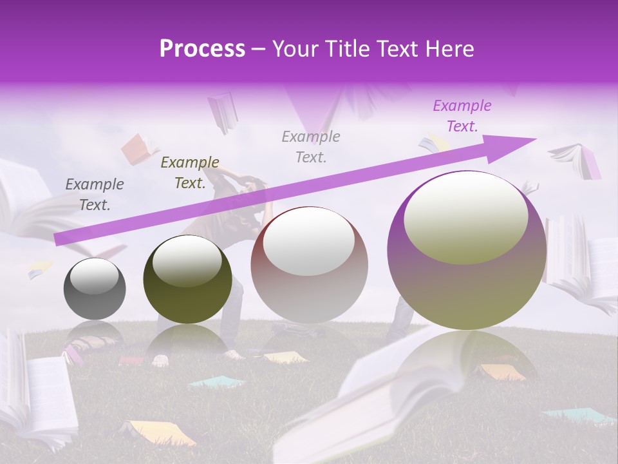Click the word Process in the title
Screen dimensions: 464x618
point(202,49)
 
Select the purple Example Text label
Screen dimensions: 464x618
point(462,116)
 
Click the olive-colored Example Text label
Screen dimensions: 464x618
point(189,173)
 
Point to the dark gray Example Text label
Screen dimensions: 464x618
point(94,195)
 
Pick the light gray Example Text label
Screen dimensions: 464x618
point(311,146)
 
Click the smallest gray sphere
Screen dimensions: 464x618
point(95,289)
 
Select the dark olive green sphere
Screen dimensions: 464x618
point(187,279)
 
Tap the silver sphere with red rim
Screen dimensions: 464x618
point(309,266)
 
